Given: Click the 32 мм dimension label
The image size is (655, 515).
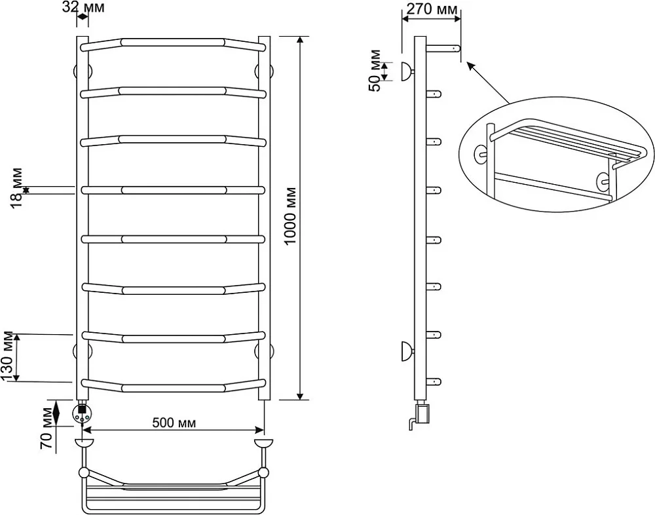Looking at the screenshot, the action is tap(84, 7).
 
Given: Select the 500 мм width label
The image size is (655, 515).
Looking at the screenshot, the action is tap(174, 423).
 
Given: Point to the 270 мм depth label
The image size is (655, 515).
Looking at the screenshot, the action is tap(432, 9).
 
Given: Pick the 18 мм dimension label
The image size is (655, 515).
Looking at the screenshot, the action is tap(17, 188).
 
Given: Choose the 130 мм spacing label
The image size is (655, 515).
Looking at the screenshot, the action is tap(8, 356).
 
